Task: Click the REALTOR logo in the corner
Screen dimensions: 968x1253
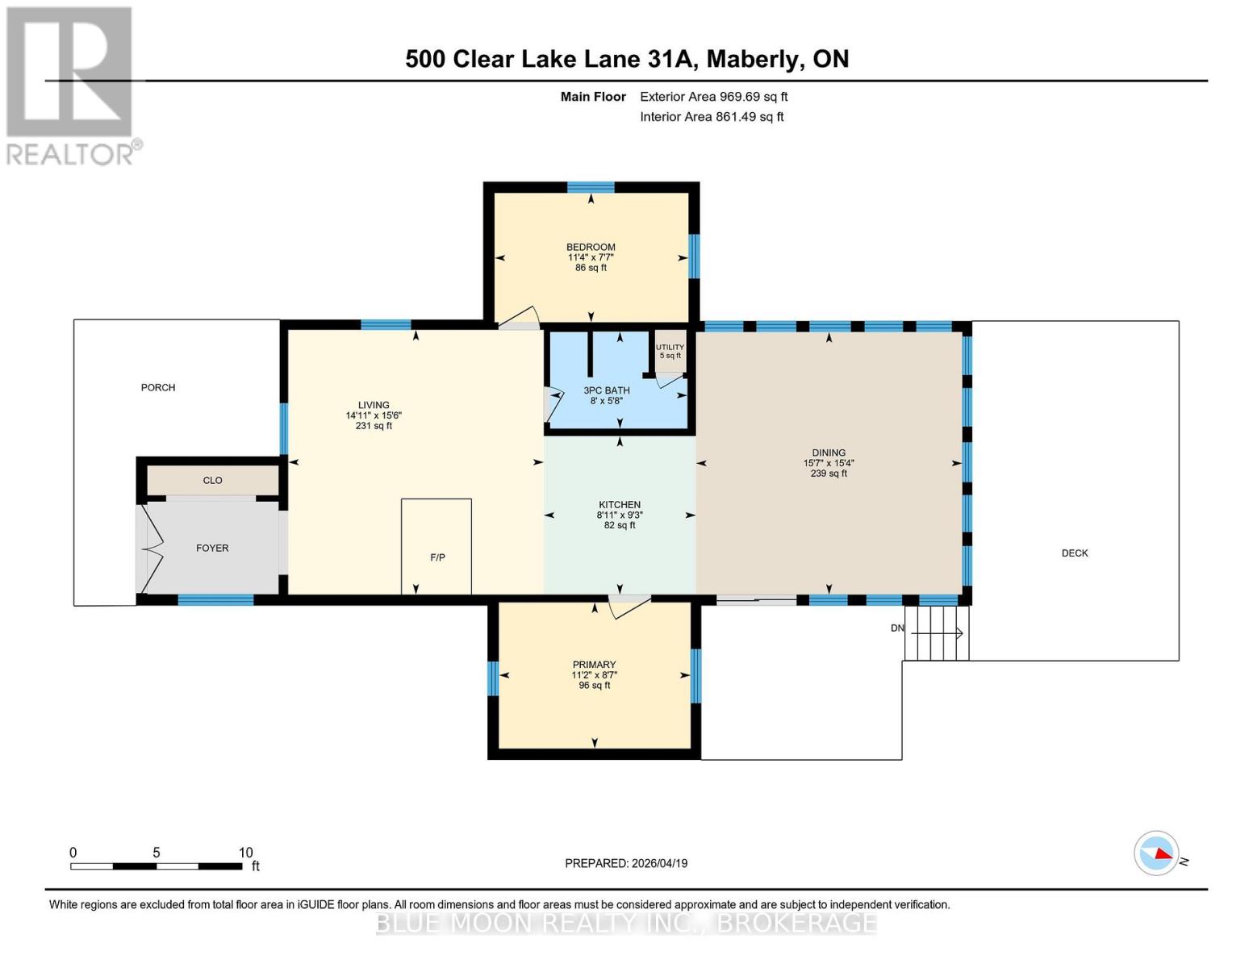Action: (71, 86)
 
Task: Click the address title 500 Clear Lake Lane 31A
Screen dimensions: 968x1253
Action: (626, 59)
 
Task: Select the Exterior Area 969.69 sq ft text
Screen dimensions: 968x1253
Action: (713, 97)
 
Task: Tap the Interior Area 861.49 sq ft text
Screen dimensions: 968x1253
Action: (712, 117)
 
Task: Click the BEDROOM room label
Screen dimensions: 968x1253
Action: (591, 247)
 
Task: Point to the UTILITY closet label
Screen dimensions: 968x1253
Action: (670, 348)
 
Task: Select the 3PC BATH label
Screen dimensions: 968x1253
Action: (607, 390)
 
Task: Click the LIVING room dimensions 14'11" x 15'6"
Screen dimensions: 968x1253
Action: (374, 415)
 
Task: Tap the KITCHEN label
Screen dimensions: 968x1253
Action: (620, 505)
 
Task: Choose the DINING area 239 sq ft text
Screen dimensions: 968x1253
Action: (829, 474)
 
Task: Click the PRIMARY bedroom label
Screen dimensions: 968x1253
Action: (595, 665)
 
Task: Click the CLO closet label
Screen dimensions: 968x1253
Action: (212, 480)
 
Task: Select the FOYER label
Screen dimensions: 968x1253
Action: (212, 548)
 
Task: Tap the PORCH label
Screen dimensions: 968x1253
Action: (158, 387)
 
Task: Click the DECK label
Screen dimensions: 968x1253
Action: (1075, 553)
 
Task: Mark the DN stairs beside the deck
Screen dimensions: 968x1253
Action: (936, 632)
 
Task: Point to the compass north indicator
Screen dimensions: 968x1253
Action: (1157, 853)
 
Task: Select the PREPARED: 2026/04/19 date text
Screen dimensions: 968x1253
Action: (626, 863)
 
